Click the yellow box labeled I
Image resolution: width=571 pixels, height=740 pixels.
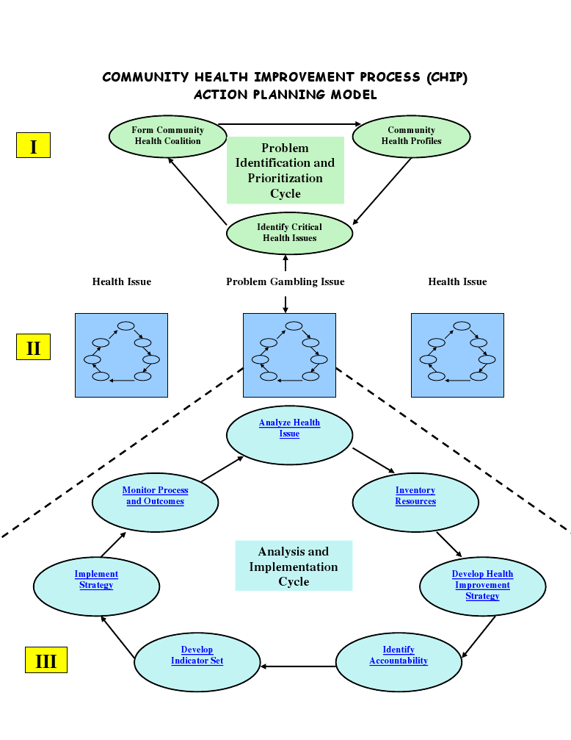33,145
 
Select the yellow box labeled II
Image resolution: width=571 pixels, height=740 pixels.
33,347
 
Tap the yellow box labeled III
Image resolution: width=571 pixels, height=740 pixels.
46,660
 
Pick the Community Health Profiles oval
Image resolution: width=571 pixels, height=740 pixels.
411,136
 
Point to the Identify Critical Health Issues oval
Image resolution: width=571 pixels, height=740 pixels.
289,233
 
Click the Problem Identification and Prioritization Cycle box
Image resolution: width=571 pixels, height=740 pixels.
285,170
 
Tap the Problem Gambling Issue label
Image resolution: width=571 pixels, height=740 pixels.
285,281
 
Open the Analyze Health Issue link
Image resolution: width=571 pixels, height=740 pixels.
289,428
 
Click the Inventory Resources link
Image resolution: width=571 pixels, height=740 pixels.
415,496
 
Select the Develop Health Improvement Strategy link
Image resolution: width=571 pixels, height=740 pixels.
482,585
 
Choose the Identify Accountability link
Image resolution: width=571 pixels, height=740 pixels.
399,655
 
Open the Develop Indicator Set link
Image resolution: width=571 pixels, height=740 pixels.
197,655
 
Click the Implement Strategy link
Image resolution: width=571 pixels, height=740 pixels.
96,580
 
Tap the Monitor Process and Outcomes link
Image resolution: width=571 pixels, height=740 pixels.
155,496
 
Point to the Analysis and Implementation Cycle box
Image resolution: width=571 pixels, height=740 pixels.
293,566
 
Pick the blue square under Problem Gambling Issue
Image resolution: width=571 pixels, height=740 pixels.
289,355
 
